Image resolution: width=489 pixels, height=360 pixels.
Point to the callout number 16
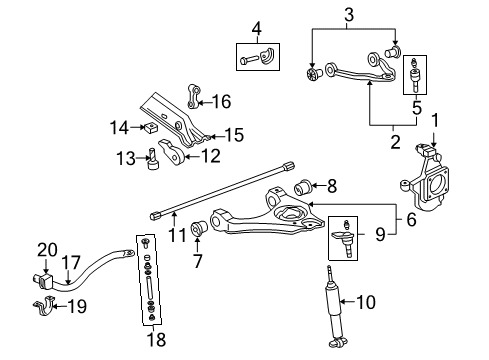(222, 100)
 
